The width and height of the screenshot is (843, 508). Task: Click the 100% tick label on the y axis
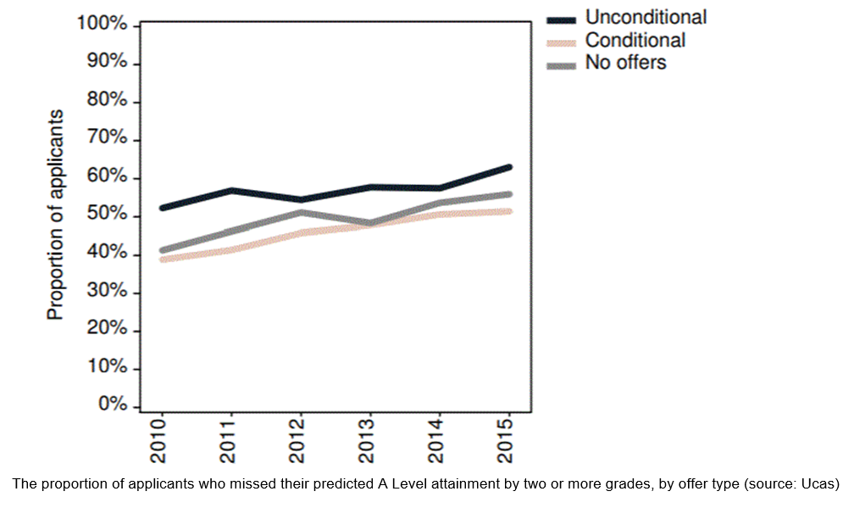click(102, 25)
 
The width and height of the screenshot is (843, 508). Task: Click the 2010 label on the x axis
click(159, 440)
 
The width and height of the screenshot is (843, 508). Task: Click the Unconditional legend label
click(646, 17)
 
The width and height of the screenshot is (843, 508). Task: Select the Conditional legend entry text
click(635, 40)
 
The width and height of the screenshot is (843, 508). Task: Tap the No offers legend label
click(625, 63)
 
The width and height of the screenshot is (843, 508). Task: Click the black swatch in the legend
click(562, 19)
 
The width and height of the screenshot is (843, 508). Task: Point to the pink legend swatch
click(562, 41)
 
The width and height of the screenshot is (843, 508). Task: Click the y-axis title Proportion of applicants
click(56, 215)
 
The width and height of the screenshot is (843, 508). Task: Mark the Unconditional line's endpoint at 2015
click(508, 167)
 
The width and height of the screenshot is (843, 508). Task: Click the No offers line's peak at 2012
click(299, 212)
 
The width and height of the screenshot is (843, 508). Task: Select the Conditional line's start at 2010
click(161, 260)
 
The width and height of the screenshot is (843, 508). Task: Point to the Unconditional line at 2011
click(230, 190)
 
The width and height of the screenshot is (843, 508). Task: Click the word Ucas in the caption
click(815, 484)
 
